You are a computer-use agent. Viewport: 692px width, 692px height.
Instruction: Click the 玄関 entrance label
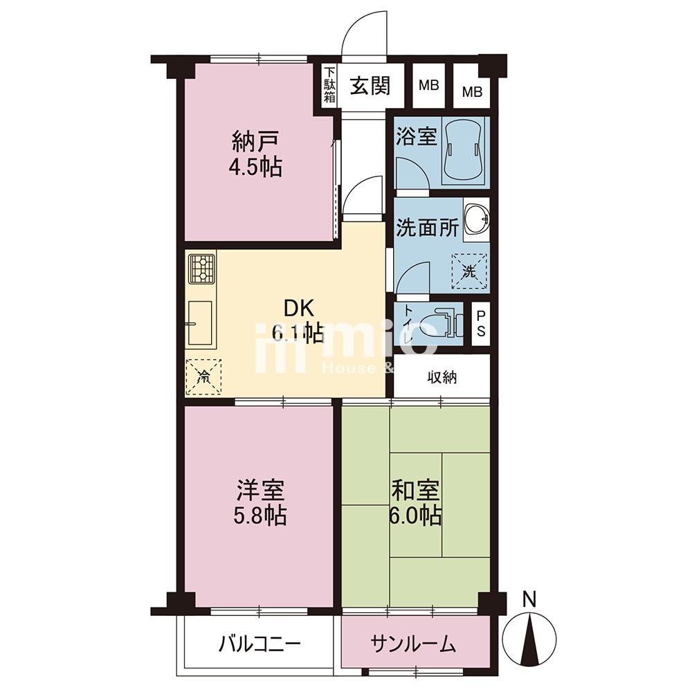(370, 86)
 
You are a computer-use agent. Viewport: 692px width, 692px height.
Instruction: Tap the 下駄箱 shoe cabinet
(329, 85)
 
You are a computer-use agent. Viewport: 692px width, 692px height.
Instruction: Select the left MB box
(428, 85)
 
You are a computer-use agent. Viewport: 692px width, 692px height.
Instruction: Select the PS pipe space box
(481, 324)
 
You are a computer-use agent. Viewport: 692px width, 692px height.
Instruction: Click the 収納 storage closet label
(441, 377)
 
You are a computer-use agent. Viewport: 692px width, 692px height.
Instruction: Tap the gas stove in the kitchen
(202, 269)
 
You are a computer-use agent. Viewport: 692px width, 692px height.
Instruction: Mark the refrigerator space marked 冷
(203, 376)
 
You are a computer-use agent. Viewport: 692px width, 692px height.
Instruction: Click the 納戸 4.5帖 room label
(255, 154)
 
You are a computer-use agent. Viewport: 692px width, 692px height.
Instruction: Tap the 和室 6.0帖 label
(415, 502)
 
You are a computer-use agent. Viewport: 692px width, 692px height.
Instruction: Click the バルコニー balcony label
(260, 644)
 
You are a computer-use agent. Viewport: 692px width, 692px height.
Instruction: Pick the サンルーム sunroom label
(413, 644)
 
